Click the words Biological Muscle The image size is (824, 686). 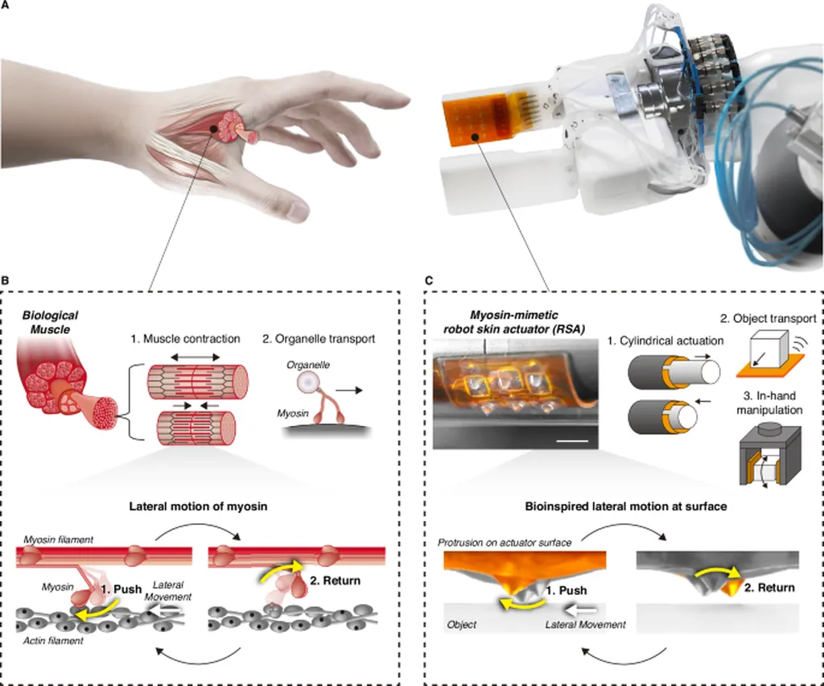[x=51, y=323]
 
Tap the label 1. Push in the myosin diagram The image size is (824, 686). [x=125, y=589]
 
